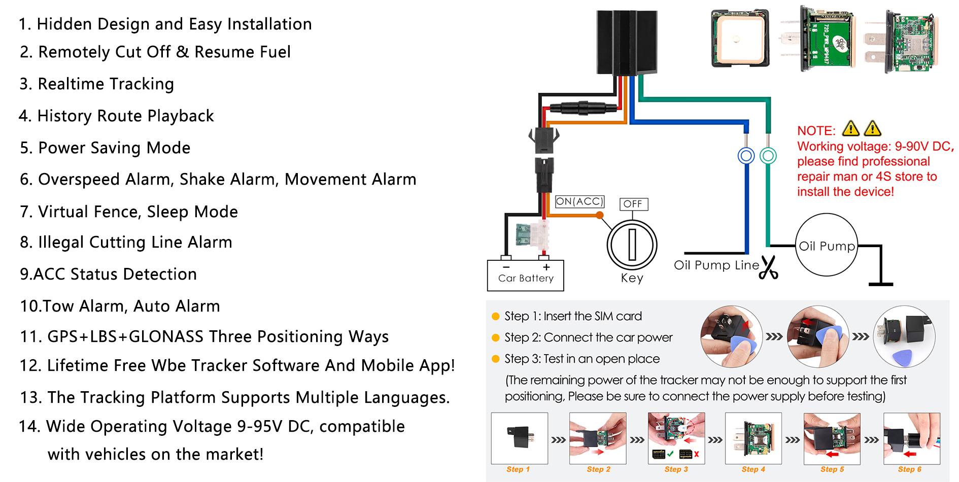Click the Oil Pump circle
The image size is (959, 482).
pos(826,245)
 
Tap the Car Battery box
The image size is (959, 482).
pos(525,276)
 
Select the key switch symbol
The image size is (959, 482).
pos(632,245)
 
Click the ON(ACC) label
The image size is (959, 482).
pos(579,201)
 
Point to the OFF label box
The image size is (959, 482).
pos(633,204)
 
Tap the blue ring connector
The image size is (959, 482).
pos(746,156)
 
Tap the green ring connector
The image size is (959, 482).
pos(768,156)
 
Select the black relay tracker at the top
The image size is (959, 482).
pos(627,43)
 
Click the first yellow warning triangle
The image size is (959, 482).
pos(850,129)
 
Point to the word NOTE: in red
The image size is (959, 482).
pos(816,131)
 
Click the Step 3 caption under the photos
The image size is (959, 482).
pos(676,469)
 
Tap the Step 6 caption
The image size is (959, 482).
pos(909,469)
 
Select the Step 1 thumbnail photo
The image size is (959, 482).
pos(519,438)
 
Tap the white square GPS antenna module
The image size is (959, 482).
pos(740,39)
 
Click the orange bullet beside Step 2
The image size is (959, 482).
pos(496,338)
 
